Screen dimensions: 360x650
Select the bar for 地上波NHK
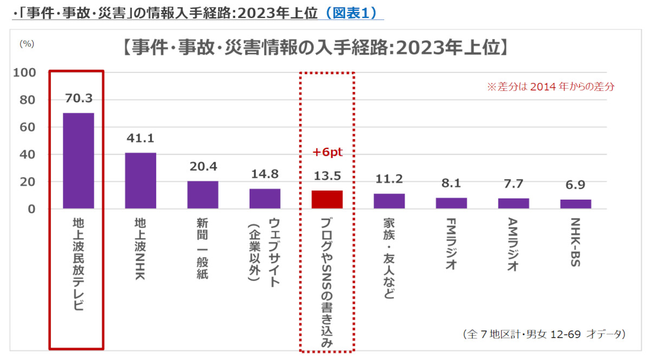140,181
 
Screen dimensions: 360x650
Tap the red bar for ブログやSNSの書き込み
327,200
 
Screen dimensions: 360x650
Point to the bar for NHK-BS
575,204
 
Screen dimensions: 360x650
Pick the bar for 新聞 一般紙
203,195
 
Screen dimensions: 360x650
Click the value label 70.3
79,98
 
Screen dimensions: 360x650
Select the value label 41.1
140,138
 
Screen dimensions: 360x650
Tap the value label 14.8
265,174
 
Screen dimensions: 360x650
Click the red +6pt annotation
327,153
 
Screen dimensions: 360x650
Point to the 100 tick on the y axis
24,73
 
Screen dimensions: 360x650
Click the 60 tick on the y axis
28,127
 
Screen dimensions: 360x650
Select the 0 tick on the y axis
32,209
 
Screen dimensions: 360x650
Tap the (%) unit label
27,44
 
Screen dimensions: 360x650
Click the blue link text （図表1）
352,14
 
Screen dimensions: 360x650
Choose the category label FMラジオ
451,244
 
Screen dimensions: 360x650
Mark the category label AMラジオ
513,244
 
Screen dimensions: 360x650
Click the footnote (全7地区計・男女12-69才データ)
544,334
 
